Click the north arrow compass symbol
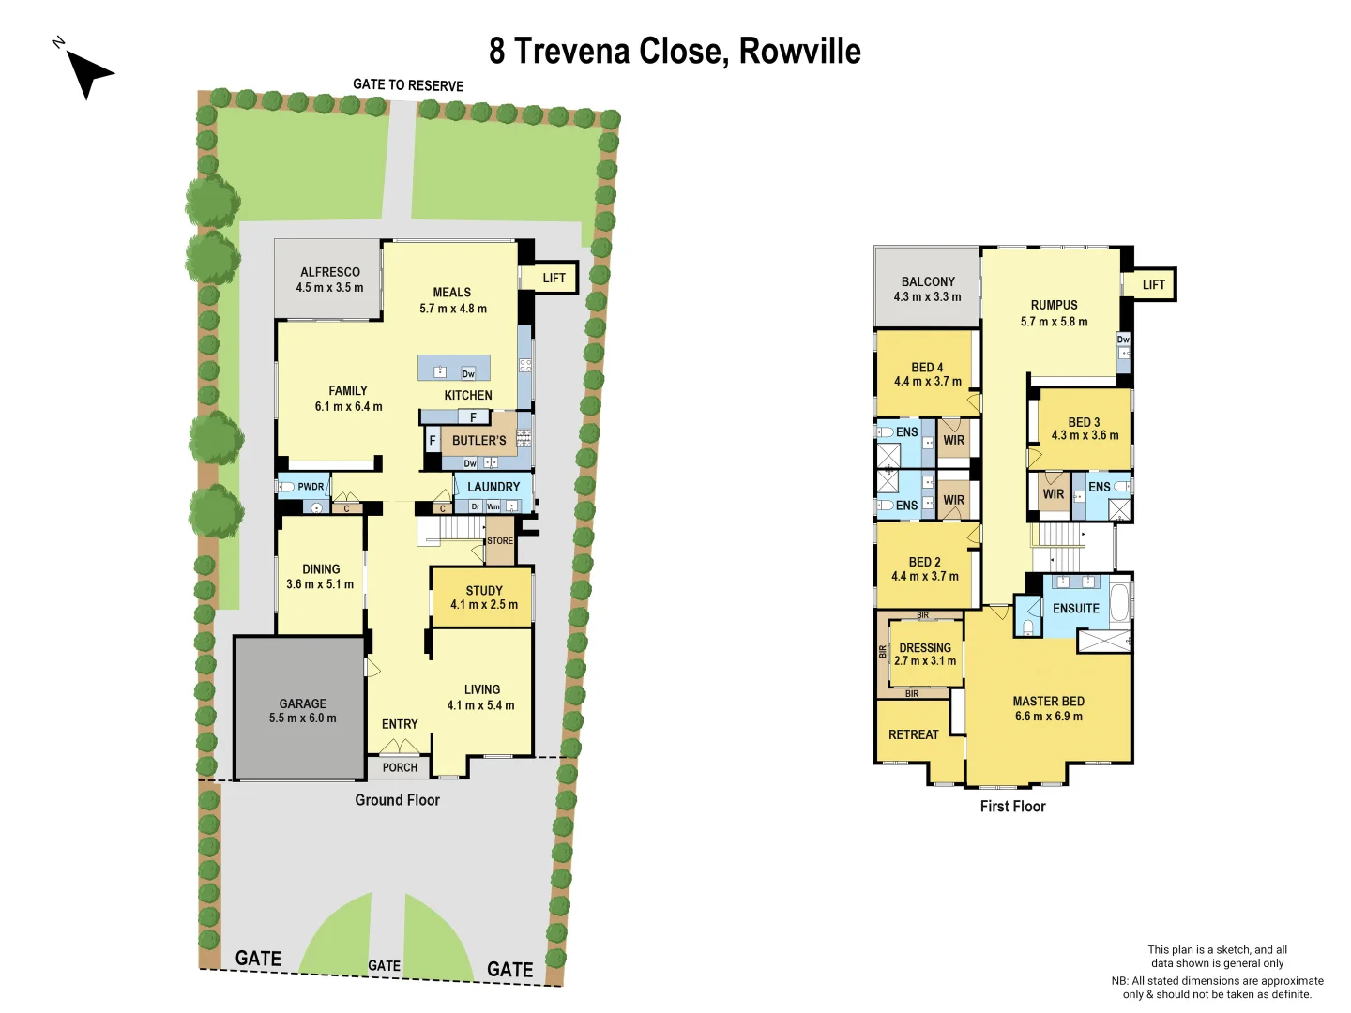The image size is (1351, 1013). click(87, 71)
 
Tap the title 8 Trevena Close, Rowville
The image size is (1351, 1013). click(675, 51)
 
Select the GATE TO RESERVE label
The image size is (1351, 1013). click(408, 85)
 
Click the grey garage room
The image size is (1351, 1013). click(300, 708)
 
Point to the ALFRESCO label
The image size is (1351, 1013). click(330, 272)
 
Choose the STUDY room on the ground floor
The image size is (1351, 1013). click(482, 597)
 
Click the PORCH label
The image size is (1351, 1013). click(400, 767)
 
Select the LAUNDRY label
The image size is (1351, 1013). click(493, 487)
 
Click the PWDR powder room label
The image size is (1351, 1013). click(311, 487)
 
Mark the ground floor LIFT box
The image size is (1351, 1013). click(554, 278)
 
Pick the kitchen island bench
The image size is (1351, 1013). click(454, 368)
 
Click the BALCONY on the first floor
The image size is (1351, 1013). click(927, 288)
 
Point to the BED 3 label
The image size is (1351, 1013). click(1084, 422)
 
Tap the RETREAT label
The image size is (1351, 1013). click(913, 734)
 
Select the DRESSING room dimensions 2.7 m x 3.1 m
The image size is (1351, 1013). click(925, 661)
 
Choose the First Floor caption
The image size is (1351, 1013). click(1012, 806)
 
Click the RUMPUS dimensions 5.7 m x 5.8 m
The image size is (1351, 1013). click(1054, 322)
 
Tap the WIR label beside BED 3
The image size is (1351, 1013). click(1054, 494)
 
